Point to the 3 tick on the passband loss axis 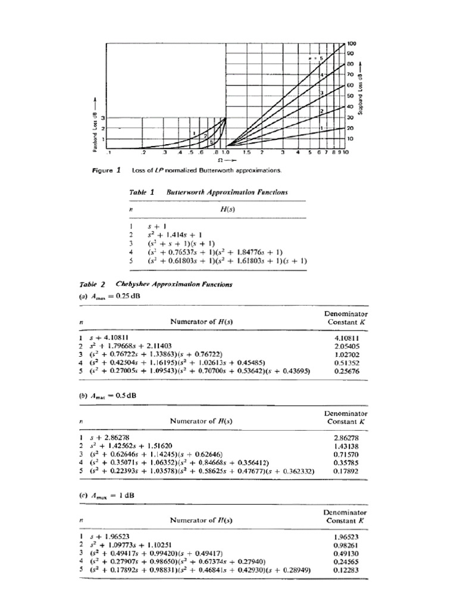coord(102,118)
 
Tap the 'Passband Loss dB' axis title coord(93,127)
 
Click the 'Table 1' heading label coord(142,193)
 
